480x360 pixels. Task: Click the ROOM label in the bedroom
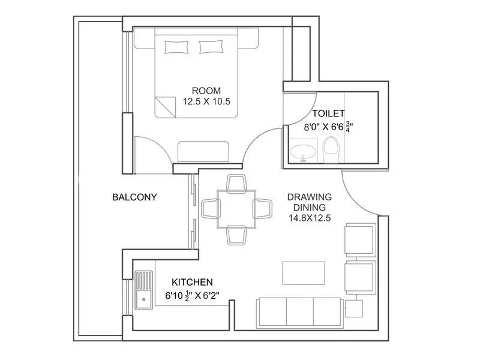coord(206,91)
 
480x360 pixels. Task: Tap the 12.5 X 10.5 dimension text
coord(206,102)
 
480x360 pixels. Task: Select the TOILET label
coord(328,113)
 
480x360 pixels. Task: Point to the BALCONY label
coord(134,197)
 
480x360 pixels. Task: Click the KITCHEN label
coord(192,281)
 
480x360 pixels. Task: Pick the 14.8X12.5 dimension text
coord(310,219)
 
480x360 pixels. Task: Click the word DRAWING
coord(310,197)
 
